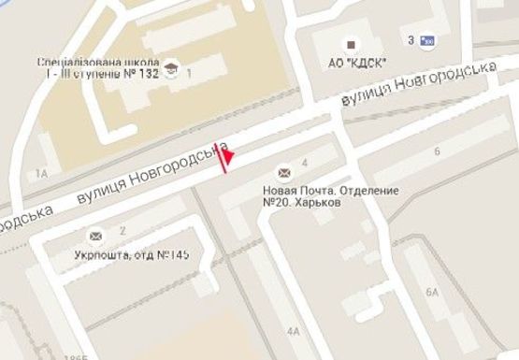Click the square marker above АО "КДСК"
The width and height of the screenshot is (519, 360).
[x=352, y=43]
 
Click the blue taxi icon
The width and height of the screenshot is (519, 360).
[x=427, y=40]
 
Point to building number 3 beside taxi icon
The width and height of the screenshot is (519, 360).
[x=411, y=40]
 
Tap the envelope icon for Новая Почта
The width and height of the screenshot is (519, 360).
[x=283, y=172]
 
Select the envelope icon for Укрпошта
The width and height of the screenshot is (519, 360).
[x=94, y=235]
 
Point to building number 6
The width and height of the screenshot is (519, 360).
[x=437, y=151]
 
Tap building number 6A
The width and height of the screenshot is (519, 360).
[x=432, y=293]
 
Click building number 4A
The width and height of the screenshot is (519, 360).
[x=295, y=331]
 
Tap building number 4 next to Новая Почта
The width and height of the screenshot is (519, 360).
[x=305, y=166]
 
